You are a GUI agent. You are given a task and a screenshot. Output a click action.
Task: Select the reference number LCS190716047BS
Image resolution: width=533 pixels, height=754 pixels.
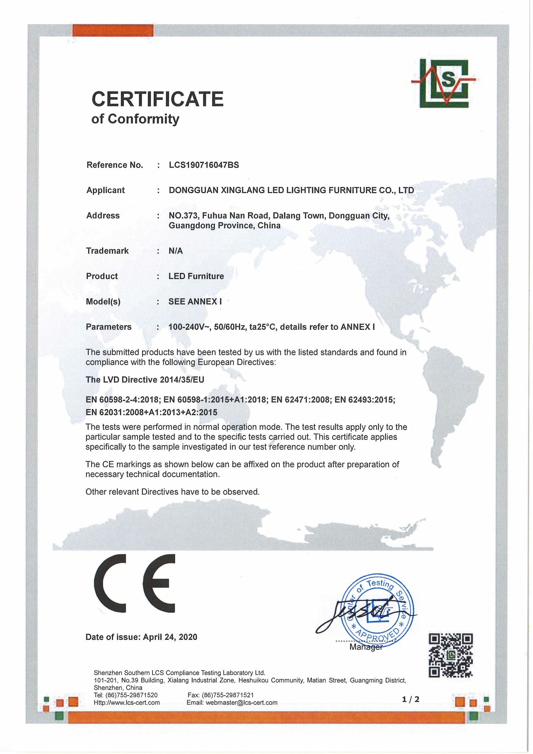point(204,165)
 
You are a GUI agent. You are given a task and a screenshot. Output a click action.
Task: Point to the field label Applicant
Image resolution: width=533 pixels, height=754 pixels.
point(105,191)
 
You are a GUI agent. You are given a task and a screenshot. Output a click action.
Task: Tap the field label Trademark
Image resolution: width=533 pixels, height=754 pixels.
point(107,251)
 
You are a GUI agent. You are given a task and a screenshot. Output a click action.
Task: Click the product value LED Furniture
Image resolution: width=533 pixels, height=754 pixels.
point(196,276)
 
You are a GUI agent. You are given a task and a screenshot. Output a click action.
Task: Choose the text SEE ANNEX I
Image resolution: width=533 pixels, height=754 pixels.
point(195,301)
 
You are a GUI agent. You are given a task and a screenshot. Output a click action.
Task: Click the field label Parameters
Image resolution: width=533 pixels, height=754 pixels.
point(108,327)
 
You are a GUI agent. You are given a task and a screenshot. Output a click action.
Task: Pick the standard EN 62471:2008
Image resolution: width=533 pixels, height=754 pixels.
point(300,400)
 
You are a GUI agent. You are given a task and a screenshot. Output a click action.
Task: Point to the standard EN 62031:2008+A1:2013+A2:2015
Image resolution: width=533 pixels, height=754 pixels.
point(151,412)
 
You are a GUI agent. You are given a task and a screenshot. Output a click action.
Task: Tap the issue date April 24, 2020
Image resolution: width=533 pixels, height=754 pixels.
point(170,637)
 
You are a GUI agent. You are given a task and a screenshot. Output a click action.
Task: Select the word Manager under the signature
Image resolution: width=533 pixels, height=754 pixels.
point(366,647)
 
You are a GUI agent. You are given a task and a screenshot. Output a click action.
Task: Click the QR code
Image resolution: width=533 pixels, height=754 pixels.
point(451,655)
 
